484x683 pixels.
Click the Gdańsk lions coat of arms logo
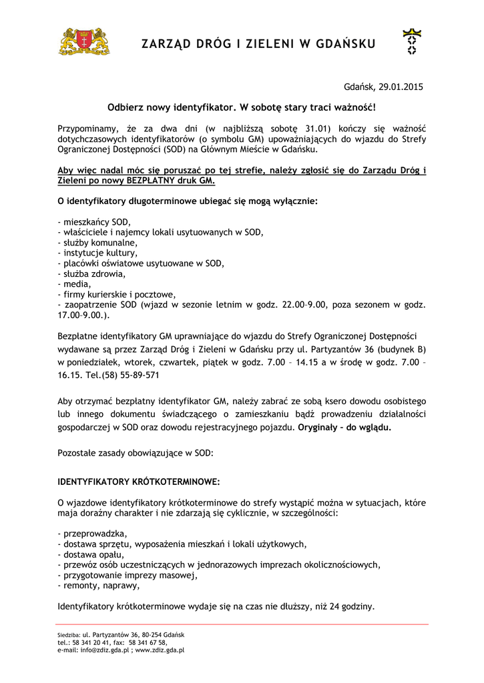(x=85, y=41)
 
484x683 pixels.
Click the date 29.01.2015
(x=401, y=87)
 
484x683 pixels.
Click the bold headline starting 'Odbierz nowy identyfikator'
(x=242, y=107)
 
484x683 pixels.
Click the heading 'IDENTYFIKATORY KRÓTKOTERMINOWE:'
(x=139, y=481)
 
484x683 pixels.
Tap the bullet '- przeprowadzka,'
(x=93, y=534)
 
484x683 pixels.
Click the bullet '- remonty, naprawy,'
(x=99, y=586)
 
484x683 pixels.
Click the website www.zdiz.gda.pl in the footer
(x=160, y=650)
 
